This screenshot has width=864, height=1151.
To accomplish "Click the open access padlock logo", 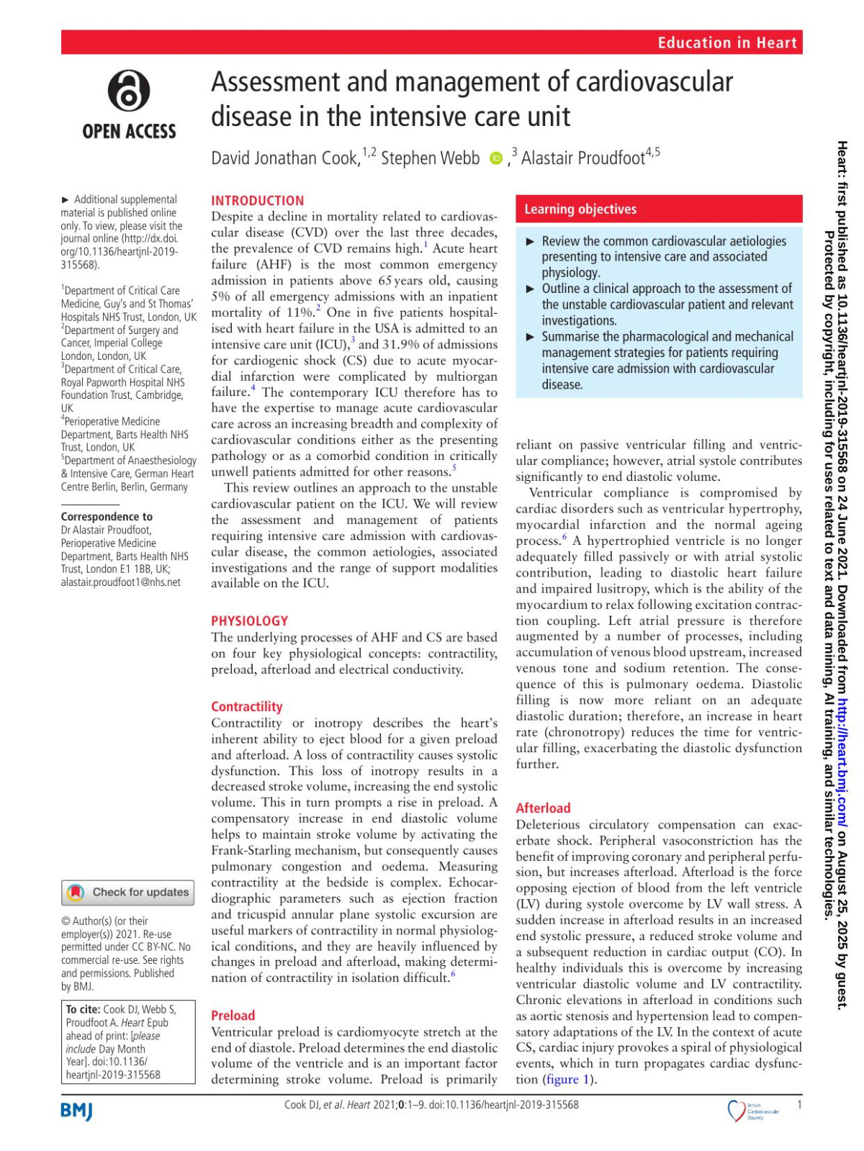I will tap(129, 91).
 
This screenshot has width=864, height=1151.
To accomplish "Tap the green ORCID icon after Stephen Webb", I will tap(495, 158).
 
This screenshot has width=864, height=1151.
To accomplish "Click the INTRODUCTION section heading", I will tap(257, 201).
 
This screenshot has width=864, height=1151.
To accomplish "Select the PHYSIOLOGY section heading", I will tap(249, 620).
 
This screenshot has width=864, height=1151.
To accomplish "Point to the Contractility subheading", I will tap(246, 706).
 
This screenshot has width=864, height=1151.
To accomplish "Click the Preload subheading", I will tap(233, 1015).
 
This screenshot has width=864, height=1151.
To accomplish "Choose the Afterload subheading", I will tap(543, 808).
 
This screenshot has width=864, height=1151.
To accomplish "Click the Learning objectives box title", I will tap(580, 209).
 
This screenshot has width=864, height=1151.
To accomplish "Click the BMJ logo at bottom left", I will tap(77, 1111).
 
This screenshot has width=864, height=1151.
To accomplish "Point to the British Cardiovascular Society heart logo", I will tap(737, 1110).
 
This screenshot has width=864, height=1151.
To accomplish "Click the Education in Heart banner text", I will tap(726, 42).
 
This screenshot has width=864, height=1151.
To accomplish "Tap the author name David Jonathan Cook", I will tap(285, 158).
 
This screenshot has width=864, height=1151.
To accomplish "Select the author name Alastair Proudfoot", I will tap(582, 158).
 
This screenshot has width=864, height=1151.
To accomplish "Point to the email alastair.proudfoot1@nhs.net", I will tap(120, 582).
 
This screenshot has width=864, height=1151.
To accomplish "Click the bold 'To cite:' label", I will tap(83, 1009).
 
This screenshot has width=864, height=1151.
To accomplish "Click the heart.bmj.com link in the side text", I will tap(842, 762).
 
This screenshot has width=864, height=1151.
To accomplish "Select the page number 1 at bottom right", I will tap(799, 1104).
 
